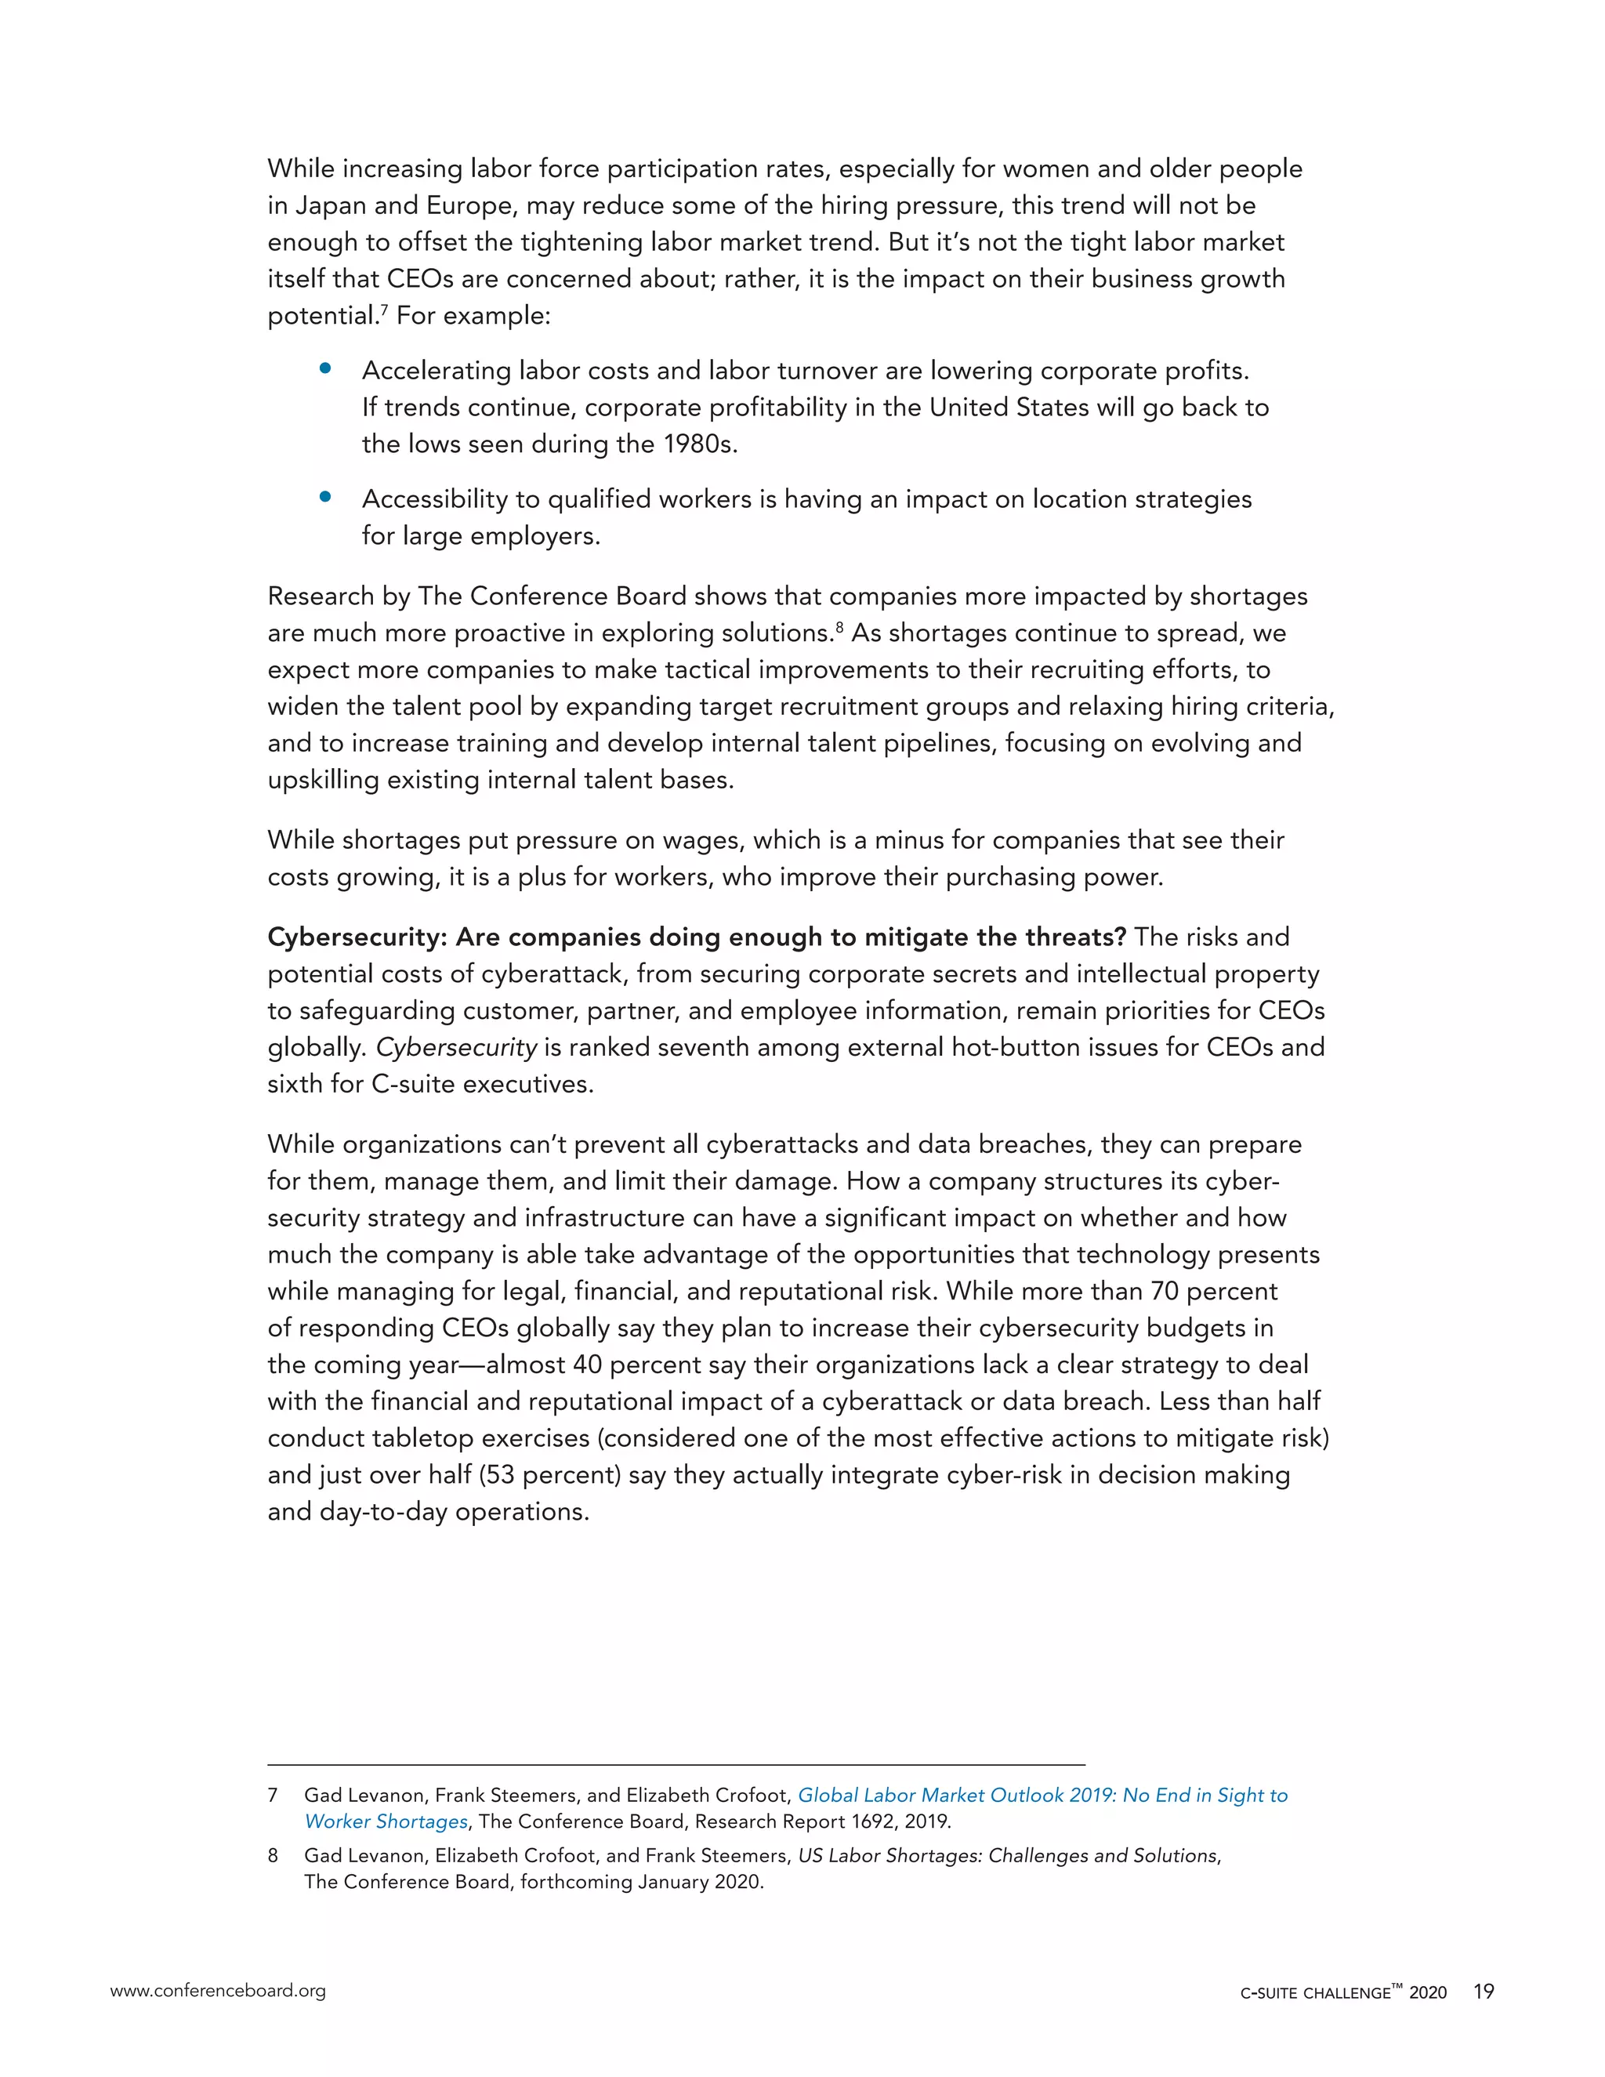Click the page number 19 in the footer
tap(1484, 1991)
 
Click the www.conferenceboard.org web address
tap(218, 1991)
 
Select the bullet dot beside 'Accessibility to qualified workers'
tap(325, 496)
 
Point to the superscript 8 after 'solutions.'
tap(841, 627)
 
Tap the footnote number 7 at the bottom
tap(273, 1796)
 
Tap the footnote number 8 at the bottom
tap(273, 1855)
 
